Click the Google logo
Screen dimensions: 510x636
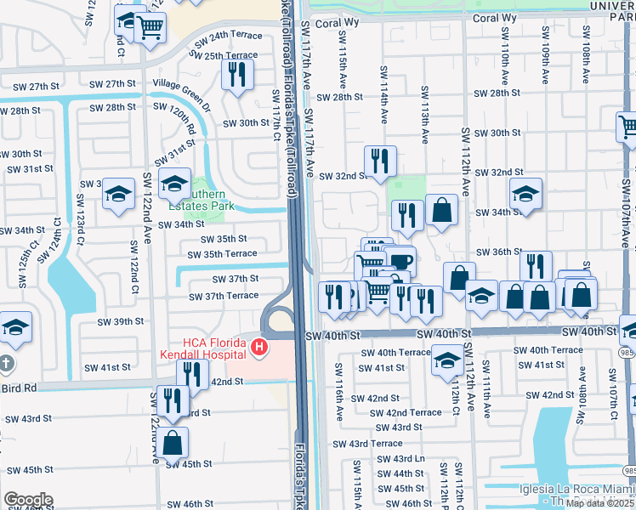click(x=28, y=500)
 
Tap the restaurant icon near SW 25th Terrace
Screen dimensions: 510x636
click(x=238, y=74)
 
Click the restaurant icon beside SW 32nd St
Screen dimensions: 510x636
click(x=380, y=160)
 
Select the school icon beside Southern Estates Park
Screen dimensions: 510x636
click(x=174, y=184)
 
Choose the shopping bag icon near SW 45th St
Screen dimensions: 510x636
click(x=172, y=442)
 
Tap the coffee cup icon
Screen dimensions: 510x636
click(x=400, y=261)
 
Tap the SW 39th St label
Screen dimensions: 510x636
click(x=121, y=321)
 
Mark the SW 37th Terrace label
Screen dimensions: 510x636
click(x=224, y=296)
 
